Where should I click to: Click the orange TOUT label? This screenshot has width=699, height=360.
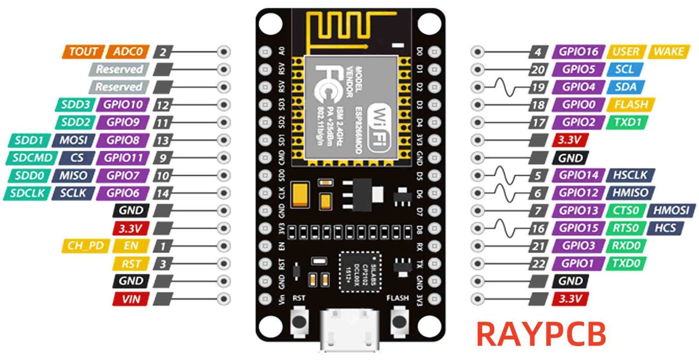tap(83, 51)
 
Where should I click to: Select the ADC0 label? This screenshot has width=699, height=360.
tap(128, 51)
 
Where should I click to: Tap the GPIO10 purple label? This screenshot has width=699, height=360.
tap(123, 105)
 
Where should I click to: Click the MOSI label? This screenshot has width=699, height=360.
tap(73, 140)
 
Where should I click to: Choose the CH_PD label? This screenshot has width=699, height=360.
tap(85, 246)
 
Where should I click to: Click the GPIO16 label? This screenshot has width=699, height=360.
tap(578, 51)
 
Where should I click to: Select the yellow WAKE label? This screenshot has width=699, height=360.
tap(668, 51)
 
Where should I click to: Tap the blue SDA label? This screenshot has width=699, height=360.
tap(626, 87)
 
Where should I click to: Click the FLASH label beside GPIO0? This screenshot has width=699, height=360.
tap(630, 105)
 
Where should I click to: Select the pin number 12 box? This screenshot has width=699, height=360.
tap(162, 105)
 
